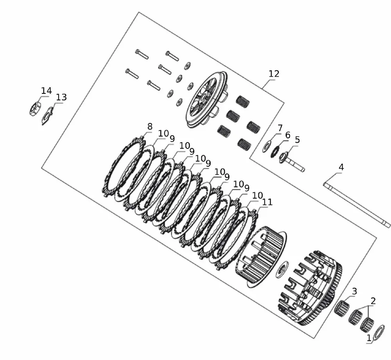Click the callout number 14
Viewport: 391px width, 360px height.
[x=47, y=91]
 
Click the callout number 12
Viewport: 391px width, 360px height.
[x=274, y=74]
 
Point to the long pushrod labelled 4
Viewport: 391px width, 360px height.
[x=357, y=205]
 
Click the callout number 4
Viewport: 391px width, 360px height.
[x=341, y=167]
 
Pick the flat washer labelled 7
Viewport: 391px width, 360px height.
[x=267, y=147]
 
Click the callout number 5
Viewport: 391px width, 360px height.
[x=297, y=140]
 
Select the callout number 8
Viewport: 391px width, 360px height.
[x=150, y=126]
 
